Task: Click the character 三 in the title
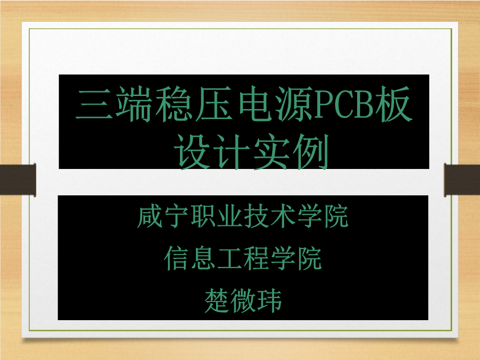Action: click(x=94, y=104)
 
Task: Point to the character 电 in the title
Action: click(x=256, y=104)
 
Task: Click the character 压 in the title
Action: click(x=214, y=104)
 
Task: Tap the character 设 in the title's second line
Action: click(x=193, y=152)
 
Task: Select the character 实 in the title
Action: click(x=271, y=152)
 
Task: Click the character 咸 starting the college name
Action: click(x=150, y=216)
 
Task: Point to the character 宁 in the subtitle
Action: click(x=177, y=216)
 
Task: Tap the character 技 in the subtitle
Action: click(x=256, y=216)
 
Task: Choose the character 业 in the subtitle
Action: click(x=229, y=216)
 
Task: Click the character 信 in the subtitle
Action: click(x=177, y=259)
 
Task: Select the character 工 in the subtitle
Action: click(x=229, y=259)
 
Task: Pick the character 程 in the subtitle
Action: click(x=256, y=259)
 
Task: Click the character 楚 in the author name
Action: click(x=217, y=300)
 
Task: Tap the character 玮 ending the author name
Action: click(x=269, y=300)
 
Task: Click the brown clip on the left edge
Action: click(x=18, y=180)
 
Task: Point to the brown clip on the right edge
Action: click(x=462, y=180)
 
